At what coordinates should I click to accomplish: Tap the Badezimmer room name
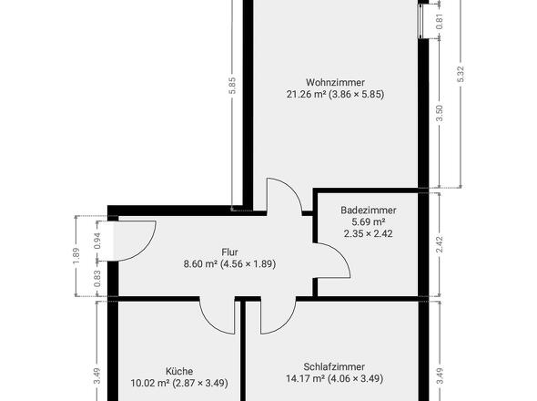(362, 209)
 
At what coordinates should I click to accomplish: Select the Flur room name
(229, 252)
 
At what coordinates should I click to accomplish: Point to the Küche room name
(178, 371)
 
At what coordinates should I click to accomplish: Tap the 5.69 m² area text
(362, 221)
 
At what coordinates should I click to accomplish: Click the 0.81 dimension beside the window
(441, 19)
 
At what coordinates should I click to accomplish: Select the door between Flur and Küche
(219, 314)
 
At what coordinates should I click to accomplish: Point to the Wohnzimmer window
(422, 19)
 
